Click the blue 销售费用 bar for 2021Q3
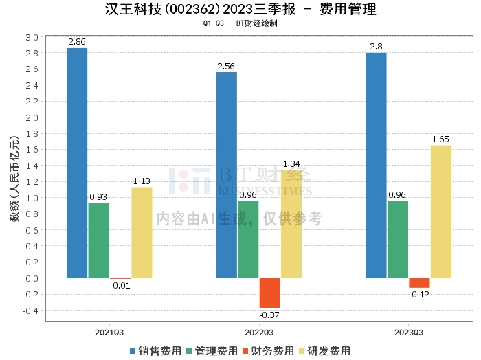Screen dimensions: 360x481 77,163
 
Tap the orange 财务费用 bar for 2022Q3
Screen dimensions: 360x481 269,293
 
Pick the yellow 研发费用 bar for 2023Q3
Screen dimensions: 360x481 440,212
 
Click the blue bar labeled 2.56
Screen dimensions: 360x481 226,175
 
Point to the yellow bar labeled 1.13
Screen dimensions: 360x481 142,232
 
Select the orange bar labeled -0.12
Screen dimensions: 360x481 419,283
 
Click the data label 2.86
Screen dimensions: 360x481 77,42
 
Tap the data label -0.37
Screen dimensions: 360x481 269,315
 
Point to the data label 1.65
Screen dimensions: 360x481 440,139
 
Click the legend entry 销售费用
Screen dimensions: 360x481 156,350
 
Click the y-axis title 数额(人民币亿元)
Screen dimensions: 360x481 14,177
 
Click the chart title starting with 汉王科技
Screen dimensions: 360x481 240,10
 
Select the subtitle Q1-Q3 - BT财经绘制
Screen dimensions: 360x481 240,23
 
